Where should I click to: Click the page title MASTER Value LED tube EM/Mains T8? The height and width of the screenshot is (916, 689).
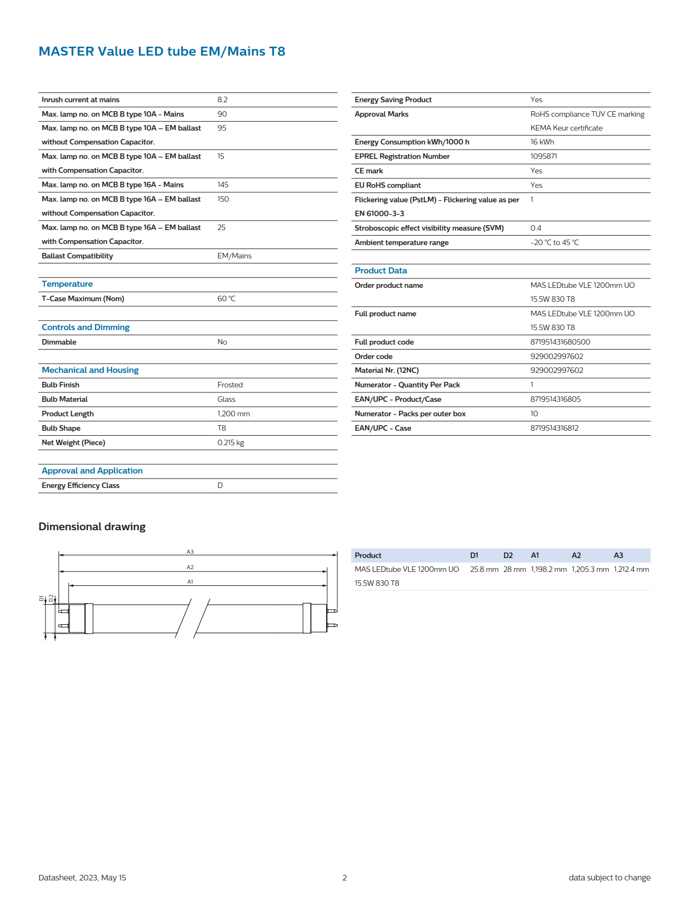point(162,51)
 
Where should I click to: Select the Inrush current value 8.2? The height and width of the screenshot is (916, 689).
point(222,99)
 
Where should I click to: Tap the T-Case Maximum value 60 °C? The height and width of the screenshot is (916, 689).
point(226,298)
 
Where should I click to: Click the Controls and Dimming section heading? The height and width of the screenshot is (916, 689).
point(86,327)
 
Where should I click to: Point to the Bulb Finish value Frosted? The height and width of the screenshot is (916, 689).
point(230,385)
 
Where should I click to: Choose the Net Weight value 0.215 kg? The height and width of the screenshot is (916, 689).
point(231,442)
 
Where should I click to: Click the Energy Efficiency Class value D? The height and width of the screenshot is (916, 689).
point(220,485)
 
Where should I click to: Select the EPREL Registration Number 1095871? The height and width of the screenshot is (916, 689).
point(543,156)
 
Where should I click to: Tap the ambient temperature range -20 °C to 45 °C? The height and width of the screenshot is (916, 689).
point(555,242)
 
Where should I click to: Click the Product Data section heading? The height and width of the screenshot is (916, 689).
point(381,271)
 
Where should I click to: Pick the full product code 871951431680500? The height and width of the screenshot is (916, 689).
point(560,342)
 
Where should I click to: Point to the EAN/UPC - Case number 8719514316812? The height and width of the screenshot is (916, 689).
point(554,428)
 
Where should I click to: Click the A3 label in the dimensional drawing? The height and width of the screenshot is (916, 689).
point(190,552)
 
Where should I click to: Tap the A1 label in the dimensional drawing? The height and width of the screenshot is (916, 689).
point(190,582)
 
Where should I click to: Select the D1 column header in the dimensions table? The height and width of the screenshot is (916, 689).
point(474,555)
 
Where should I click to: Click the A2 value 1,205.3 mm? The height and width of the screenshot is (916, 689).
point(590,569)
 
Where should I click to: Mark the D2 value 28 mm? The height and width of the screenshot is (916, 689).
point(515,569)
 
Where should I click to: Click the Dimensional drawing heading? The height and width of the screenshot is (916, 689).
point(92,526)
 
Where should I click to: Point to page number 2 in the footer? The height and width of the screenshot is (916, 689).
point(344,878)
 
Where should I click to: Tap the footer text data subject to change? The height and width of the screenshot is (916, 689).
point(610,878)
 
